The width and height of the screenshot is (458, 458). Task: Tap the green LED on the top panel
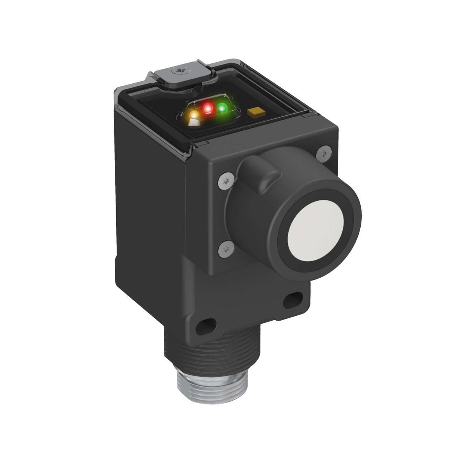[x=222, y=108]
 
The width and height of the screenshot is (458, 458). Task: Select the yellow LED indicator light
[x=194, y=117]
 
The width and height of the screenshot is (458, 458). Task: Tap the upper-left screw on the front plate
[x=225, y=181]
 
